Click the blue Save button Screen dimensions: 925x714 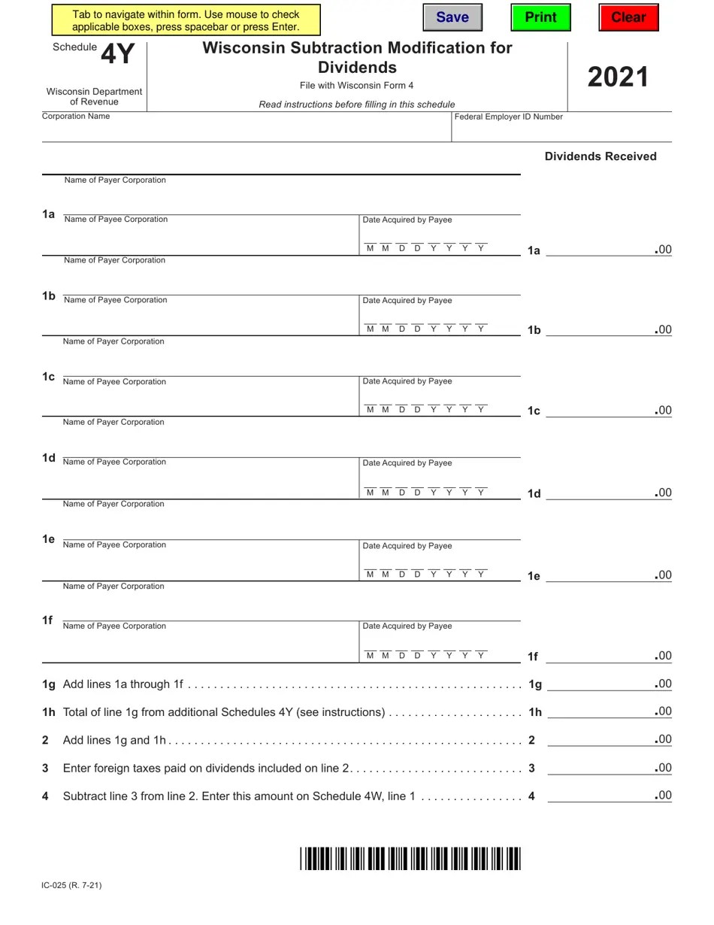(452, 17)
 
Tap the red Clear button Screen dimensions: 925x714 (628, 17)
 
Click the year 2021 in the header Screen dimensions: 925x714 (618, 77)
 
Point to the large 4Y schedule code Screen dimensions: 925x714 (117, 54)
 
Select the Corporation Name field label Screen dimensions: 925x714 (76, 117)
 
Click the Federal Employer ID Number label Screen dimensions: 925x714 (508, 117)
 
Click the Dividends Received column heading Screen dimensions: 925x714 (600, 156)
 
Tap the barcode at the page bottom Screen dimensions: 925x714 (410, 858)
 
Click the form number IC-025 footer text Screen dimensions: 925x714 (71, 885)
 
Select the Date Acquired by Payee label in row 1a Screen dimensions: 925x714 (407, 220)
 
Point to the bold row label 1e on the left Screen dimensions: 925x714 (48, 539)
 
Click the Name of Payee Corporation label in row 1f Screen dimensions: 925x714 (114, 626)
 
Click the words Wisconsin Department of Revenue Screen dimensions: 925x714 (94, 96)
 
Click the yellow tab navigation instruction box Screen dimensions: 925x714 (186, 20)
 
